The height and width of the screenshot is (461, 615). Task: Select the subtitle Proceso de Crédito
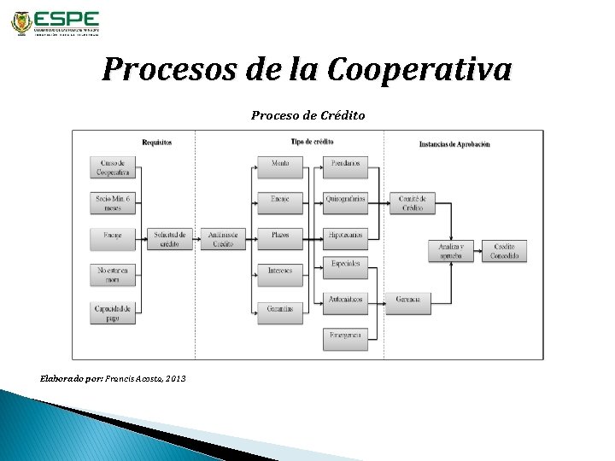click(x=307, y=114)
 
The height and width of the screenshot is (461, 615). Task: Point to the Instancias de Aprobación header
click(x=454, y=143)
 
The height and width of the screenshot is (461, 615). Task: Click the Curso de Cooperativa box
click(x=113, y=167)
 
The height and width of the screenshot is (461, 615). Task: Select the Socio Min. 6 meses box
click(x=113, y=203)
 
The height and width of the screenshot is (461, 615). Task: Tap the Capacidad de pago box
click(x=113, y=312)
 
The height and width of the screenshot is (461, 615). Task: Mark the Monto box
click(x=279, y=162)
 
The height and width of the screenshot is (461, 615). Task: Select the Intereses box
click(x=279, y=271)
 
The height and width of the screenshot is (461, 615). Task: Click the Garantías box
click(x=279, y=308)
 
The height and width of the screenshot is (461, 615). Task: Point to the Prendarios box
click(x=346, y=162)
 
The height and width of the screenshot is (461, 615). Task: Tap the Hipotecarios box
click(x=346, y=234)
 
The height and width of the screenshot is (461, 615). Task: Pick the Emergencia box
click(x=346, y=339)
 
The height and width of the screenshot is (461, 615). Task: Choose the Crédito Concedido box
click(x=505, y=250)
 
